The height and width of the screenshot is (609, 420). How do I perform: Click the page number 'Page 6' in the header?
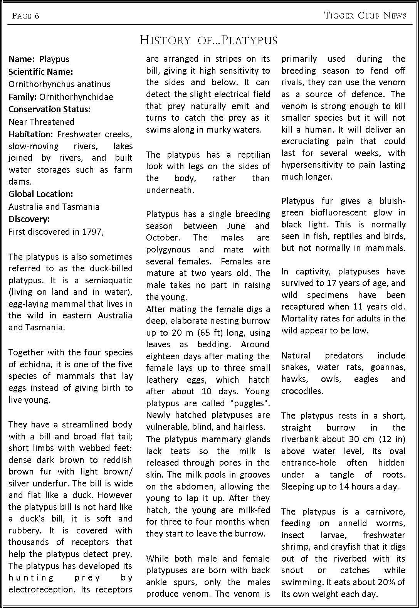25,15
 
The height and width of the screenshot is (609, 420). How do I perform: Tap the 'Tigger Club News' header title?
365,15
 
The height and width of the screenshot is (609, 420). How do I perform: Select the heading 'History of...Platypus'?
208,40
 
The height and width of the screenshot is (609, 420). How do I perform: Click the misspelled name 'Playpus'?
54,59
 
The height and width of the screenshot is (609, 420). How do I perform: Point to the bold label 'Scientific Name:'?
41,72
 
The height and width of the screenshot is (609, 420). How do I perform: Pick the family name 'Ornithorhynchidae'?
76,97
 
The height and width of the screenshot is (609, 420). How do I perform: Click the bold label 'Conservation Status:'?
50,109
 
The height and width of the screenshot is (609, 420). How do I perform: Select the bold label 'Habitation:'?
31,134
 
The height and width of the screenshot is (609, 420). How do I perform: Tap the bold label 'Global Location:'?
41,194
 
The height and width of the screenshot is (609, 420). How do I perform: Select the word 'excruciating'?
306,141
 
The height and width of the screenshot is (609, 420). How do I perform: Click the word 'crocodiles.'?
301,391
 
